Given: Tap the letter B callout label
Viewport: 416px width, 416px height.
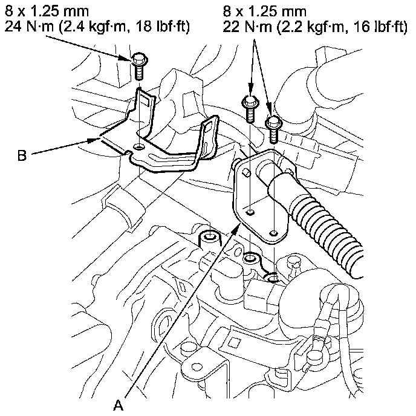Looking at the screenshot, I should click(22, 157).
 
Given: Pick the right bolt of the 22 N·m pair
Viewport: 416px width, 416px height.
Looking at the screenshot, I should click(273, 125).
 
